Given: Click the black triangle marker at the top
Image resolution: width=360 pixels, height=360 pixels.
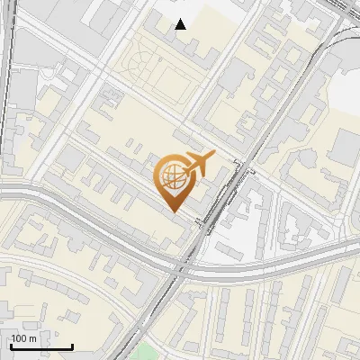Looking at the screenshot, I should click(x=181, y=24).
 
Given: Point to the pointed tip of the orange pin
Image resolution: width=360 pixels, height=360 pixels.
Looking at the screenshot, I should click(x=173, y=212).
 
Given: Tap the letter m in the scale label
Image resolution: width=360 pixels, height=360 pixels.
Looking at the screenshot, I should click(x=33, y=338).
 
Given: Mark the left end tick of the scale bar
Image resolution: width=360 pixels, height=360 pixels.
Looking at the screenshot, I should click(x=12, y=346).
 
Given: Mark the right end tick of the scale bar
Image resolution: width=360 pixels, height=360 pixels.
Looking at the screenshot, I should click(x=72, y=346).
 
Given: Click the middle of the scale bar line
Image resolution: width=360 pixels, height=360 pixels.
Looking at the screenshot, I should click(x=41, y=346).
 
